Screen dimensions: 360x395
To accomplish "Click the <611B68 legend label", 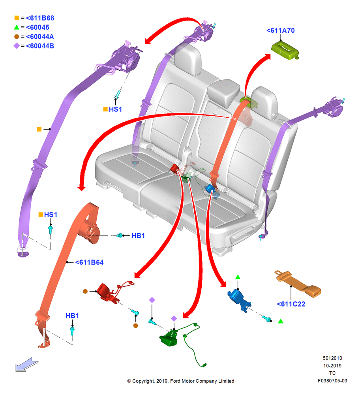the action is click(40, 18).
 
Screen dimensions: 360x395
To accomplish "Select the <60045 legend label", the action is click(37, 27).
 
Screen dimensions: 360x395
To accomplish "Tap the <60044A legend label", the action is click(40, 36).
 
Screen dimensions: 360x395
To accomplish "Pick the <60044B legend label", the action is click(40, 46).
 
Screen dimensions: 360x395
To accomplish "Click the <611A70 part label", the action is click(280, 30).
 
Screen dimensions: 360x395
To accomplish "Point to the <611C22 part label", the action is click(291, 304).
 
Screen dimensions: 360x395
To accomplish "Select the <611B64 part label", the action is click(89, 262).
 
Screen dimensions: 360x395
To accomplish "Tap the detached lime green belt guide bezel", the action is click(285, 50).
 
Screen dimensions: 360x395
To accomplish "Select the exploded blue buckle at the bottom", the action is click(239, 299).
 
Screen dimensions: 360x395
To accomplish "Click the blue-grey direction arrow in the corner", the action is click(27, 365).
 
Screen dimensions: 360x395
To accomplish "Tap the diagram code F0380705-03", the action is click(332, 381).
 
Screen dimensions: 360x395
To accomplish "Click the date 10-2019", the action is click(332, 365).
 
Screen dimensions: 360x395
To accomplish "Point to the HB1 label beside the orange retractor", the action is click(138, 235).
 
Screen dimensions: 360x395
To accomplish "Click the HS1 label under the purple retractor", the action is click(115, 109).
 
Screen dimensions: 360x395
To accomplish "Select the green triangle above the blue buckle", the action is click(238, 277).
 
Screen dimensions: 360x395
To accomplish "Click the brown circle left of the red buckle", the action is click(85, 291).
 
